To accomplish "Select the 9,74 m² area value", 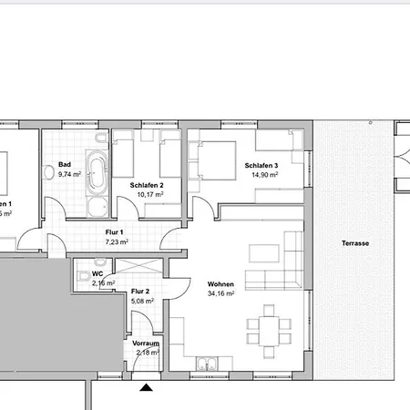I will point(69,174).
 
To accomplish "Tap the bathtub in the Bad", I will point(96,174).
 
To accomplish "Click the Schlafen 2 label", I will point(139,185).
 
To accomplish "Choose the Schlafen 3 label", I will point(261,166).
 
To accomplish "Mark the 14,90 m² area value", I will point(264,174).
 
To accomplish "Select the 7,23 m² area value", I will point(117,242).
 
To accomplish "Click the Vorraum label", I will point(146,343).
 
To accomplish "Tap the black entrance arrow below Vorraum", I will point(146,387).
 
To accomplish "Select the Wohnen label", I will point(220,284).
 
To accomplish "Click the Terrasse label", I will point(356,244).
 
